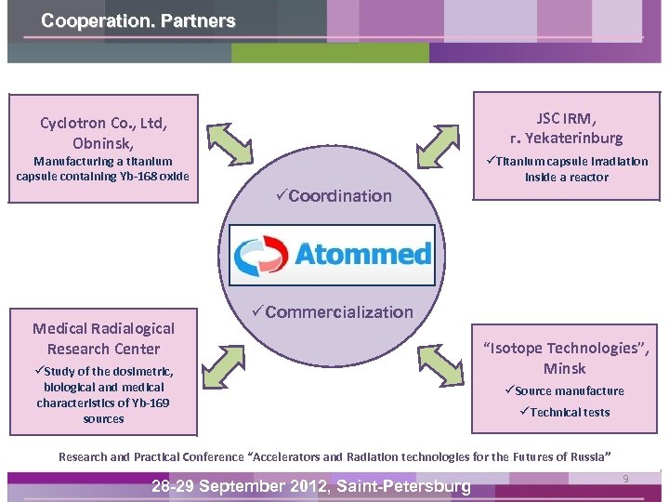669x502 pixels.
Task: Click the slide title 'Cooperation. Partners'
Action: (x=138, y=20)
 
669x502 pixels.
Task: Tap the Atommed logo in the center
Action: (x=332, y=254)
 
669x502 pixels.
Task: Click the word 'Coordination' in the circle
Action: (x=340, y=195)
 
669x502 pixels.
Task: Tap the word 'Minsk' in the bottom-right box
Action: (x=564, y=368)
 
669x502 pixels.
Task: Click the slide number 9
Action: (x=625, y=479)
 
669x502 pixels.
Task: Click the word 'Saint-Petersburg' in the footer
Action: (x=404, y=486)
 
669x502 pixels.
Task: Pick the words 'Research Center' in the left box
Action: (x=103, y=349)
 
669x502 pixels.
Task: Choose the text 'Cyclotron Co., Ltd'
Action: (x=103, y=123)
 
